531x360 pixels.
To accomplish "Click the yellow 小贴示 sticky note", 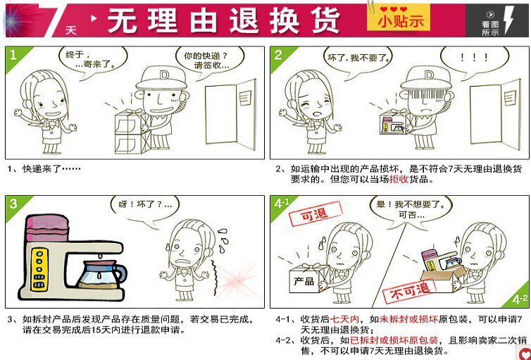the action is (399, 18).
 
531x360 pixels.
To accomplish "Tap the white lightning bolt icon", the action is (509, 20).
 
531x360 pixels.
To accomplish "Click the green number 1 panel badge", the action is (17, 58).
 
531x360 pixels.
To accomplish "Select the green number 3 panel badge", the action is (17, 206).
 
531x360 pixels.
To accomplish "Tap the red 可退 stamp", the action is (315, 213).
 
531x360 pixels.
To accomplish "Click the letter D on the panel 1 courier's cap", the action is (164, 75).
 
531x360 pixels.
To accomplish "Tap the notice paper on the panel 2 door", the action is (510, 98).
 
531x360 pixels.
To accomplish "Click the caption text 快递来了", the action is (51, 168).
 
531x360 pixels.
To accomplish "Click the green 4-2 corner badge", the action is (518, 297).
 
